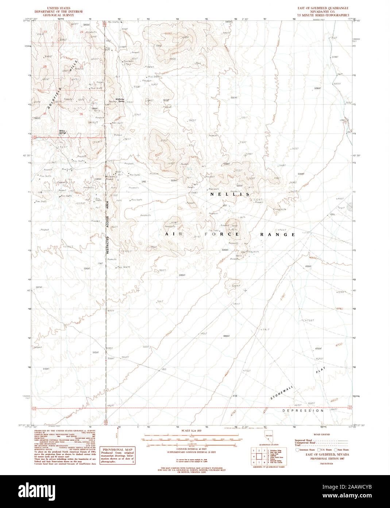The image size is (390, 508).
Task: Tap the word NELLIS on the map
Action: coord(229,194)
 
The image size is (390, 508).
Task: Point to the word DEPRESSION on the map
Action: coord(303,411)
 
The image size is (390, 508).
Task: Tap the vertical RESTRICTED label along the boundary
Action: coord(108,244)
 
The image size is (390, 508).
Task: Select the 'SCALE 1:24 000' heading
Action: coord(192,431)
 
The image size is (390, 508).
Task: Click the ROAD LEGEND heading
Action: coord(322,435)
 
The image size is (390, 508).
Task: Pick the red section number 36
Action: coord(81,114)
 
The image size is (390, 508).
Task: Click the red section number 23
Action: coord(45,33)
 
